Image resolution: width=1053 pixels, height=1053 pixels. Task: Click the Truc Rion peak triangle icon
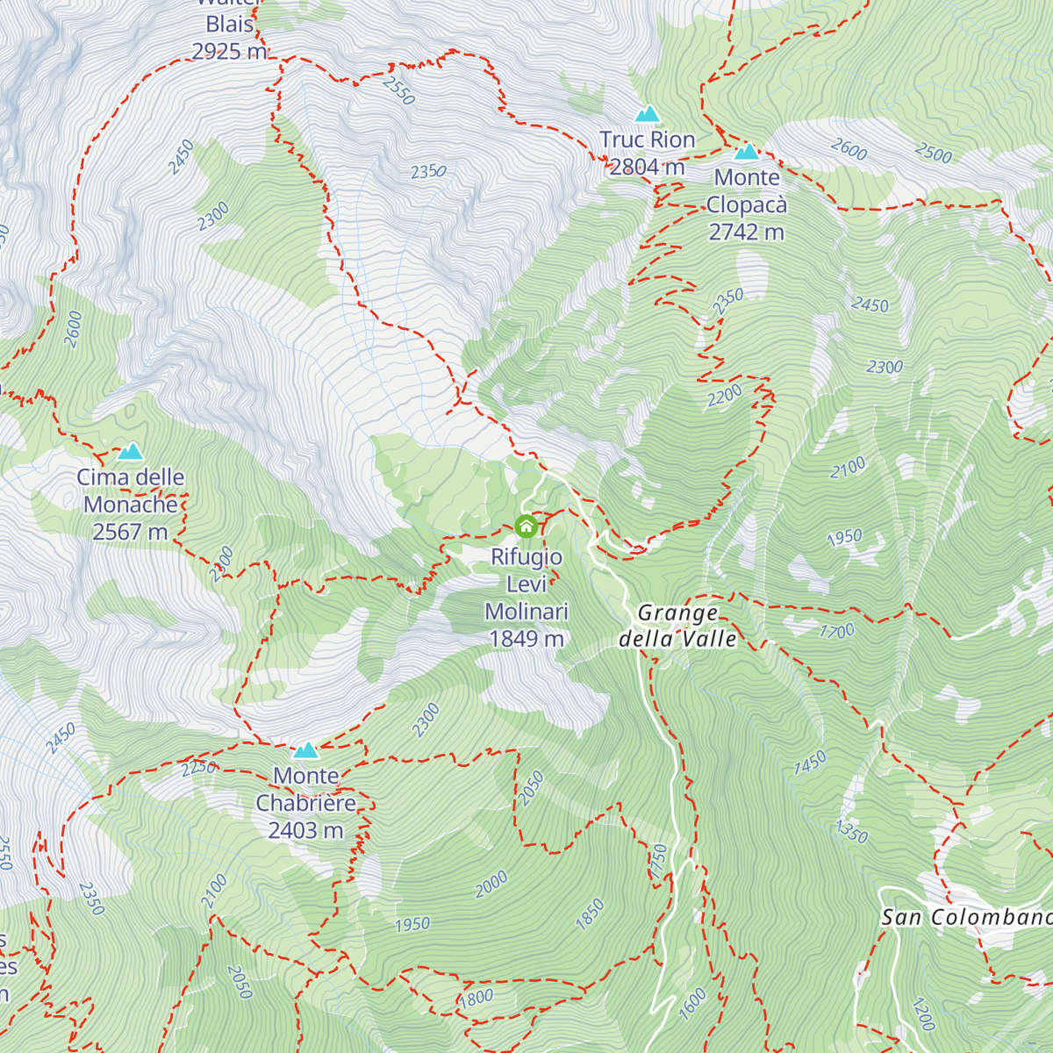[648, 113]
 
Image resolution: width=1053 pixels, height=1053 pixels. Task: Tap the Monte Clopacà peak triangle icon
[747, 152]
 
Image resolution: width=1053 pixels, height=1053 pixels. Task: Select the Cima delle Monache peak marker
[131, 452]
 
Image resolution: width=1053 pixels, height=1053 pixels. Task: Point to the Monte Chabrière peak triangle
[305, 750]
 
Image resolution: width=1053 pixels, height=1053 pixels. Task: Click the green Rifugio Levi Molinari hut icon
[526, 526]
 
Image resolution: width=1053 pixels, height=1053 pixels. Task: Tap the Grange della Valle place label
[677, 626]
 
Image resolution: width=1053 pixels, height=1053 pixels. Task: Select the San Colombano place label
[965, 918]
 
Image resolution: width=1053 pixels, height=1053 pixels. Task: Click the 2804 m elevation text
[648, 167]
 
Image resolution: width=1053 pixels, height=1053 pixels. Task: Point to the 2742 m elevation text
[747, 233]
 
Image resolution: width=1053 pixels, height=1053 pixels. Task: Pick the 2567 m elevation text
[130, 532]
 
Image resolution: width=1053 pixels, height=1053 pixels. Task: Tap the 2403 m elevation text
[305, 830]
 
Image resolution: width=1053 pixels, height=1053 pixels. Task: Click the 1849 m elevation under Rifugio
[526, 639]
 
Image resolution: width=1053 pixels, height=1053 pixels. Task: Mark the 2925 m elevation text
[229, 52]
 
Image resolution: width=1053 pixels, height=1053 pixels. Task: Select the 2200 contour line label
[725, 397]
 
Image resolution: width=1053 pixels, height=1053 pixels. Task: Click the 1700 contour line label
[837, 631]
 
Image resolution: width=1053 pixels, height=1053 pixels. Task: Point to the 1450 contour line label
[810, 763]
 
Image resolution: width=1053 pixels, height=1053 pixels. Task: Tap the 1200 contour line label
[923, 1015]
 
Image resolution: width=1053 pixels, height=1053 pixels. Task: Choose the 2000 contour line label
[491, 884]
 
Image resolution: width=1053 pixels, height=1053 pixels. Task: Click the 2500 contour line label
[933, 154]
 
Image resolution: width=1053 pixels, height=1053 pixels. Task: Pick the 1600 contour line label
[693, 1003]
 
